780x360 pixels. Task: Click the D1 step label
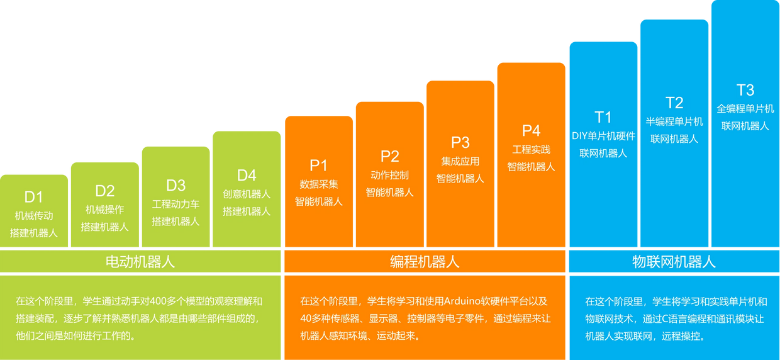[33, 196]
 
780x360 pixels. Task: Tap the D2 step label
[104, 191]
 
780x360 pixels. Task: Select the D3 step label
[175, 185]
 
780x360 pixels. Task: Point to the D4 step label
[247, 175]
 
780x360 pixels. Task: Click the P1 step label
[318, 166]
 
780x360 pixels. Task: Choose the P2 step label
[389, 156]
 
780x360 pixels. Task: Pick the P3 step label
[460, 142]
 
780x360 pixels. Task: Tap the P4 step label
[531, 130]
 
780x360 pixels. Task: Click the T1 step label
[603, 117]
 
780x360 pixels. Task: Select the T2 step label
[674, 103]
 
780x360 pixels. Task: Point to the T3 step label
[745, 89]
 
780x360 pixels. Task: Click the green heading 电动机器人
[140, 262]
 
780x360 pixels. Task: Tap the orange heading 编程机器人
[425, 262]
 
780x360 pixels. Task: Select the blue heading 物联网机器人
[674, 262]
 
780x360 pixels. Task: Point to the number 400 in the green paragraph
[160, 301]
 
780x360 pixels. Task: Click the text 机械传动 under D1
[33, 215]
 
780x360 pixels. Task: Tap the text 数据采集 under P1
[318, 184]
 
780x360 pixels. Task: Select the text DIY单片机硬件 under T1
[603, 136]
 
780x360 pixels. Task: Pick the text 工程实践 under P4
[531, 149]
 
